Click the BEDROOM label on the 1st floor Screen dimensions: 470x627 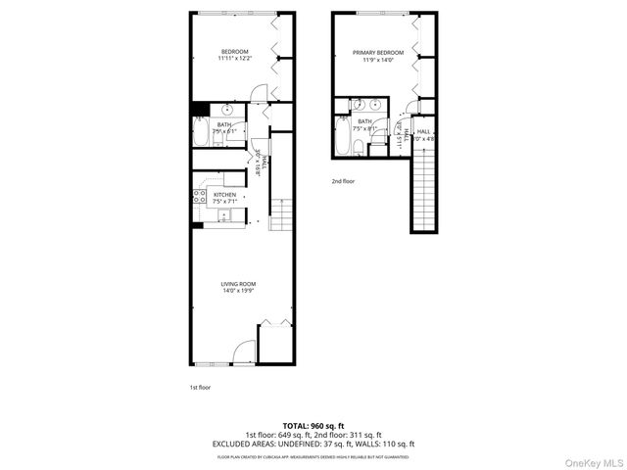click(x=234, y=52)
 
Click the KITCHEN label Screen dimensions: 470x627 click(x=225, y=195)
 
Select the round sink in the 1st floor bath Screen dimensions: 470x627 click(x=226, y=109)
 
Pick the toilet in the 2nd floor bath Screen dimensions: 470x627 click(x=360, y=147)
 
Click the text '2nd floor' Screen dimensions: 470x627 click(x=343, y=182)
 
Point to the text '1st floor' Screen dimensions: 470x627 click(x=200, y=388)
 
